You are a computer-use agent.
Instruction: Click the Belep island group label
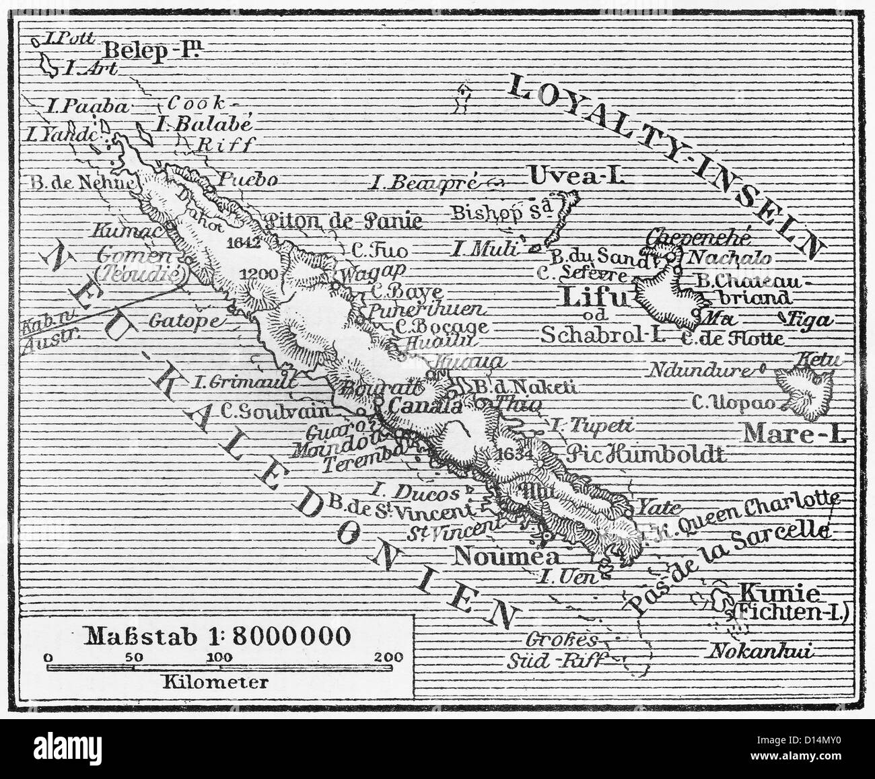(154, 50)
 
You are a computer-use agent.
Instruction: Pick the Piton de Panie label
(344, 221)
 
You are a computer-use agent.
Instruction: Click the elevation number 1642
(244, 242)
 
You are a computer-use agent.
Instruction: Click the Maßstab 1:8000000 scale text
(217, 635)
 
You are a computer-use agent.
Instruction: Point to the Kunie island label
(779, 593)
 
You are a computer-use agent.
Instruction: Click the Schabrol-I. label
(597, 334)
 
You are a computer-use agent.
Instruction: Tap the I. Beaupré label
(425, 181)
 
